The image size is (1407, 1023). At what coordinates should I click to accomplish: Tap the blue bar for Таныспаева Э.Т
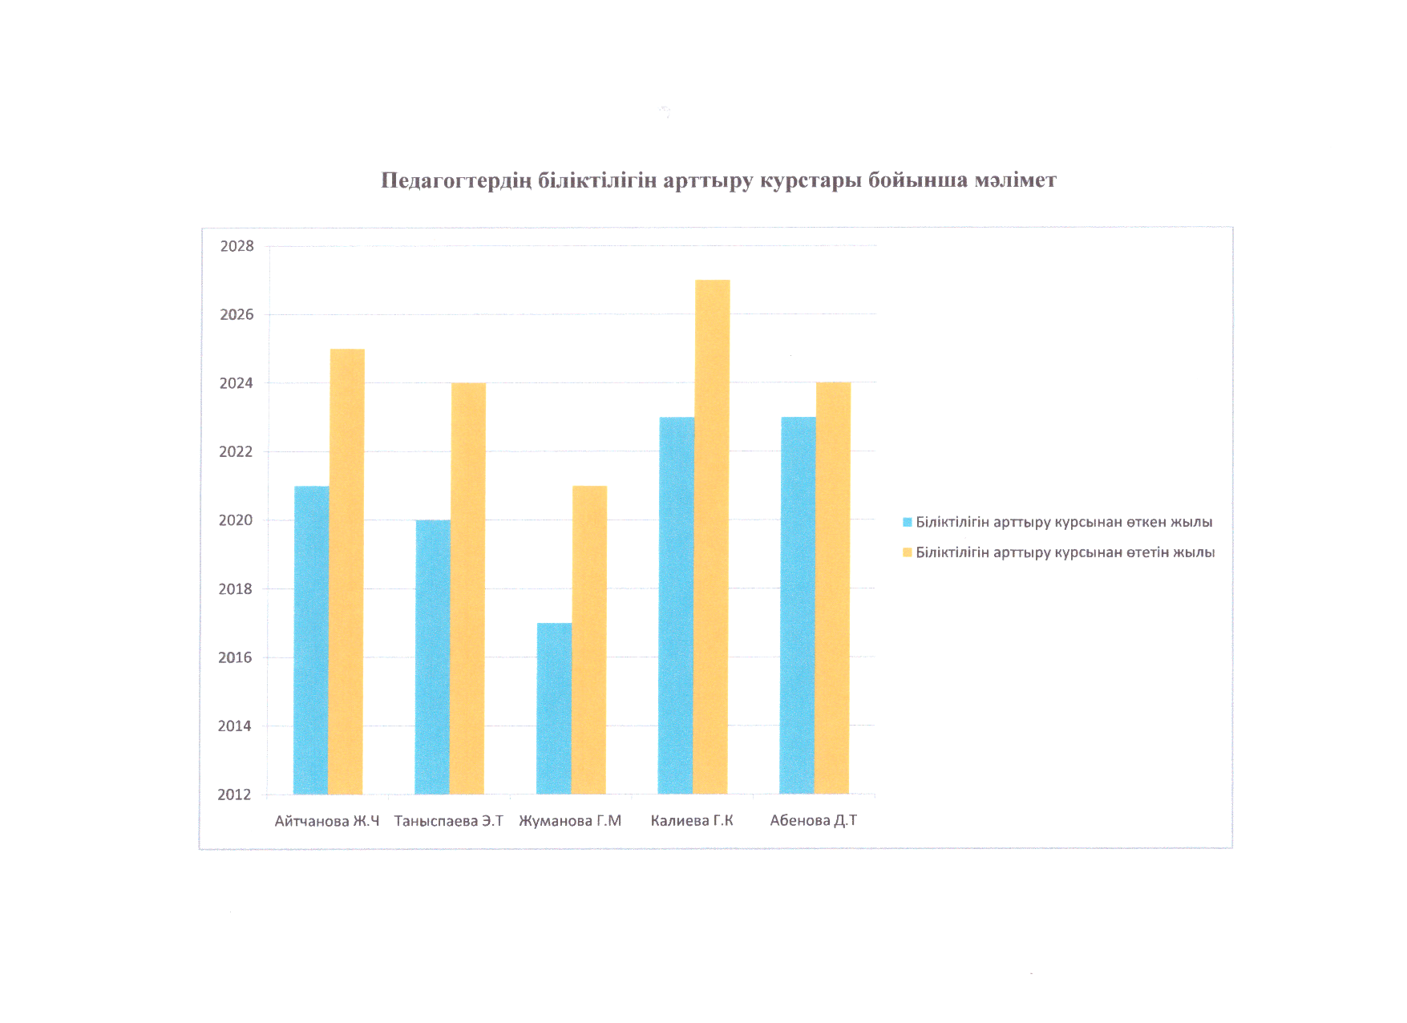tap(433, 657)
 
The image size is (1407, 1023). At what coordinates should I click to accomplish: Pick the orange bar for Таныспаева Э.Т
tap(468, 588)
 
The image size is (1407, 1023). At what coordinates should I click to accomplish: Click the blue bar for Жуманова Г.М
tap(554, 709)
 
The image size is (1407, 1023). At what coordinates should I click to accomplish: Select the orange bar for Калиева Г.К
tap(711, 537)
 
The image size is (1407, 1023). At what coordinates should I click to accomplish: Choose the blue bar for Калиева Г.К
tap(676, 605)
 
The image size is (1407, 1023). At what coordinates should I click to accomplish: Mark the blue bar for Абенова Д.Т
tap(798, 605)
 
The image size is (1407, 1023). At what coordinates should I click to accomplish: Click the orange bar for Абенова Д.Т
tap(833, 588)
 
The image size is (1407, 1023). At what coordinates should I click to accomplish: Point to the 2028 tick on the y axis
tap(237, 246)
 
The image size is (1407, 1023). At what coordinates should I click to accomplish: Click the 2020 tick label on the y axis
tap(236, 520)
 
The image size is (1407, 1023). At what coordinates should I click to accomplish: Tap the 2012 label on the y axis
tap(234, 795)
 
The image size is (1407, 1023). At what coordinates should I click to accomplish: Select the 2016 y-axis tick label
tap(235, 657)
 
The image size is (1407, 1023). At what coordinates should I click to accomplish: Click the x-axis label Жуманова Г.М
tap(570, 821)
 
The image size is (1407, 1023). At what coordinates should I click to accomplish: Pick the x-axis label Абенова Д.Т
tap(813, 820)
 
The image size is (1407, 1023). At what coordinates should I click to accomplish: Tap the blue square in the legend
tap(908, 522)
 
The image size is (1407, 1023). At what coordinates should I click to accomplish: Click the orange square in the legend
tap(908, 552)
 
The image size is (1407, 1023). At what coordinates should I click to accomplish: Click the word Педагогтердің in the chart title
tap(455, 180)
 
